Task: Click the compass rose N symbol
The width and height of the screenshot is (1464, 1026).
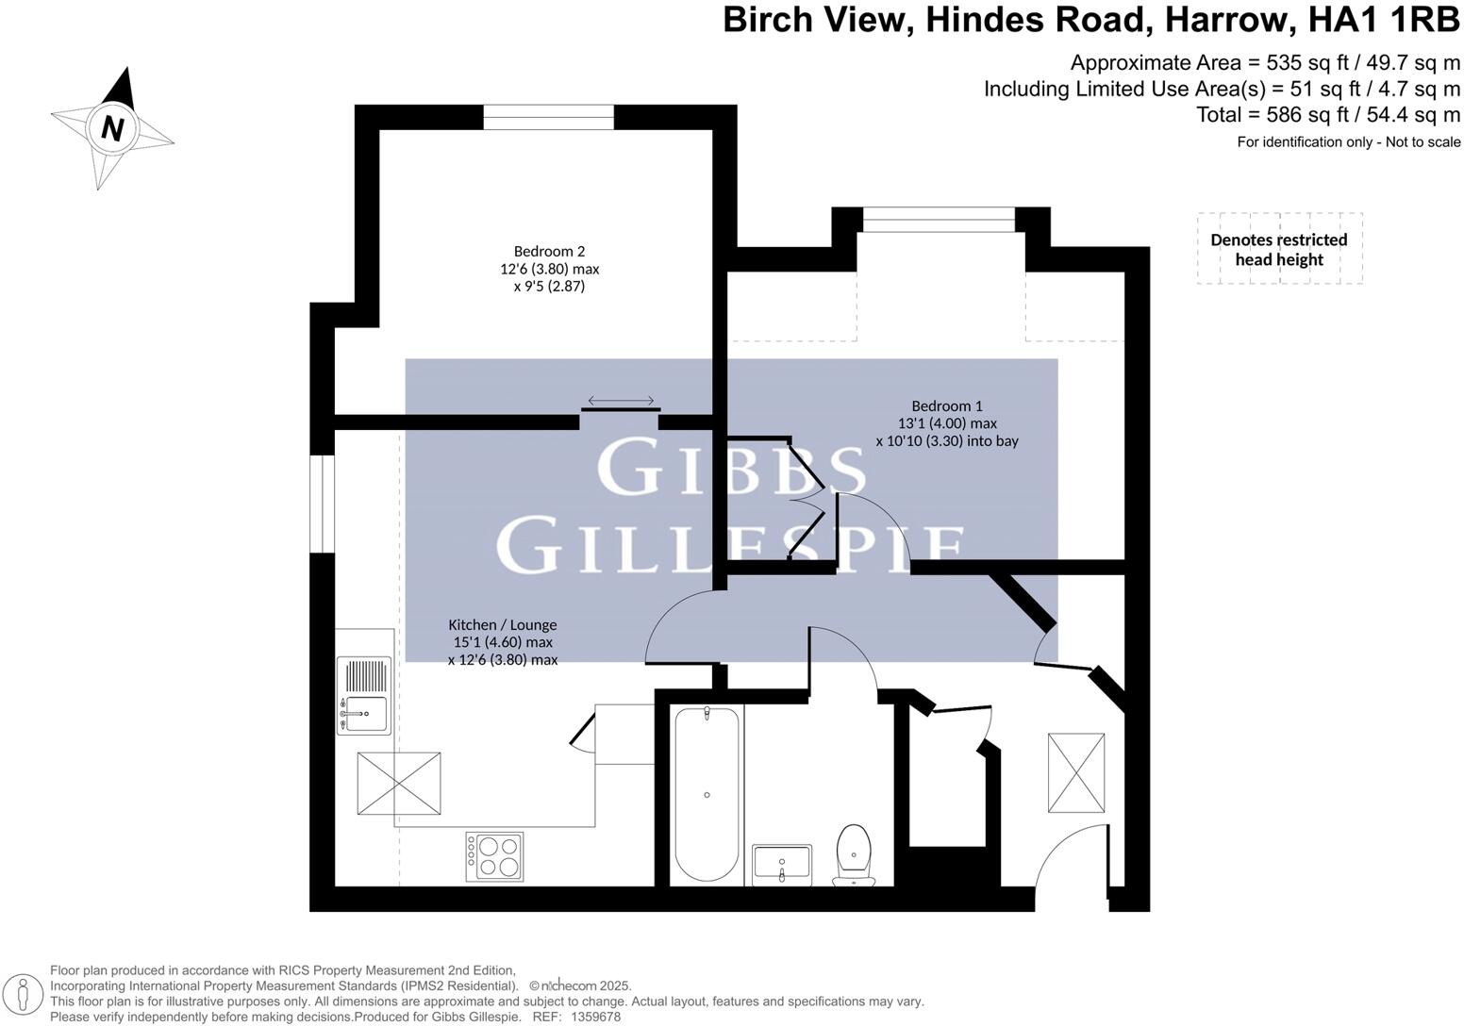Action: [x=112, y=127]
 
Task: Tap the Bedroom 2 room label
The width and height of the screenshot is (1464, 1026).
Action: [x=549, y=268]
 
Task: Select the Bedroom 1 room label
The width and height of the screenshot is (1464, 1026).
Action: [x=947, y=423]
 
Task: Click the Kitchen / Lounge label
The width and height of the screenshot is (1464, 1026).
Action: [x=502, y=641]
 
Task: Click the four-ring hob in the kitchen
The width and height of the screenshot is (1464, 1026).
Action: [x=494, y=856]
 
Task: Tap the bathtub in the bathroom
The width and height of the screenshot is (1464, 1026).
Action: [x=707, y=795]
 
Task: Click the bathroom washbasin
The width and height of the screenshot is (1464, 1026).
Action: [x=781, y=864]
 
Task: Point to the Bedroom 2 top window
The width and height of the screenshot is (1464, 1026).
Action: [x=548, y=117]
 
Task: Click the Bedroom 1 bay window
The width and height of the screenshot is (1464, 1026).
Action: [x=939, y=220]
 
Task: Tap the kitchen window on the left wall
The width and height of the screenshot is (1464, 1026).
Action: [x=323, y=504]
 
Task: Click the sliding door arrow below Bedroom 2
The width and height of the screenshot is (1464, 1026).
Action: [x=620, y=402]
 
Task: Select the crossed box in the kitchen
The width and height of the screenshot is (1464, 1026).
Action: [x=398, y=785]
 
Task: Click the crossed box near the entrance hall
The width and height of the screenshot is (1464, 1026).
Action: [x=1076, y=772]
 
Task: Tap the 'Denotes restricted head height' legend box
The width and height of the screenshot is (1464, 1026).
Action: [x=1279, y=249]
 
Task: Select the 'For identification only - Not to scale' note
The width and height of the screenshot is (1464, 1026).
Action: [x=1349, y=142]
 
